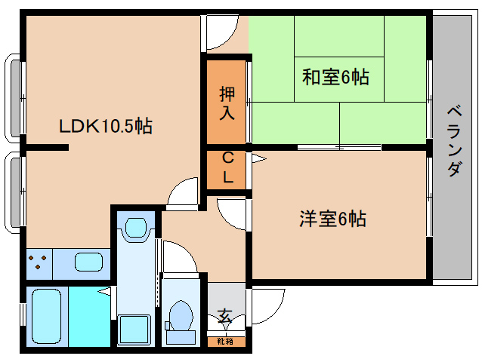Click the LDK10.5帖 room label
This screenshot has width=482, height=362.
pos(107,126)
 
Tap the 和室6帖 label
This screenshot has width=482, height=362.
pos(335,77)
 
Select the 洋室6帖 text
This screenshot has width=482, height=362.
pos(332,219)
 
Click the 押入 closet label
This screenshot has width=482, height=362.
pos(227,103)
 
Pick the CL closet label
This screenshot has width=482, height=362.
pos(227,169)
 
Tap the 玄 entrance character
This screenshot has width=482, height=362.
pos(225,315)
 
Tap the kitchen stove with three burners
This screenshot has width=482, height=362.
pos(41,263)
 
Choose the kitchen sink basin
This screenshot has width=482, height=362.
pos(88,263)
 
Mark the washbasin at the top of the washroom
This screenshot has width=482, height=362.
pos(137,227)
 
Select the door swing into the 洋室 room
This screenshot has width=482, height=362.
pos(232,212)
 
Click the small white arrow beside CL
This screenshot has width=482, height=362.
pos(257,158)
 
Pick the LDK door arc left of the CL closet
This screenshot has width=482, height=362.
pos(184,194)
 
